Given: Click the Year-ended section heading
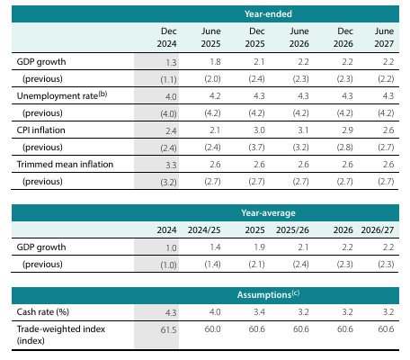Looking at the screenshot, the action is point(268,14).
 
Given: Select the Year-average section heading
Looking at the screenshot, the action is point(268,213).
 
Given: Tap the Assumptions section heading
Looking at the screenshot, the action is point(268,294).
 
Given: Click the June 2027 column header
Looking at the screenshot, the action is point(384,37).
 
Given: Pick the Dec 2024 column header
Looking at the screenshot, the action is point(166,37).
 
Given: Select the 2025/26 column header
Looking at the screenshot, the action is point(292,230).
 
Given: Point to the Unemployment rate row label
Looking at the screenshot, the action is point(62,95).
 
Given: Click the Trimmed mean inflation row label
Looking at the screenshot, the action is point(65,165).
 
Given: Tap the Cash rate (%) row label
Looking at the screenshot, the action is point(43,312).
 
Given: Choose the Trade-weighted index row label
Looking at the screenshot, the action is point(61,335).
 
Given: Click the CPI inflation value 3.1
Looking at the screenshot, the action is point(303,130).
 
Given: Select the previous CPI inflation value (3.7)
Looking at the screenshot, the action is point(256,148).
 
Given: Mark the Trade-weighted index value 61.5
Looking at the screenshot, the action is point(168,329).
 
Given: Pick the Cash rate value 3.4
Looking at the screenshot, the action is point(259,312).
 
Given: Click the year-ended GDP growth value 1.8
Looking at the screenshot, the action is point(215,62).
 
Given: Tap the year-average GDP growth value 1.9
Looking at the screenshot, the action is point(259,247).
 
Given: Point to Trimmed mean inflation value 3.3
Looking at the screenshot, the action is point(171,165).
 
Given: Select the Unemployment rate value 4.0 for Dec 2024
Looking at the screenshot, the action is point(171,96).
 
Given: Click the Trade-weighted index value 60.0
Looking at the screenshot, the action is point(212,329).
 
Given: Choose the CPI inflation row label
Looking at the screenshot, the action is point(40,130).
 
